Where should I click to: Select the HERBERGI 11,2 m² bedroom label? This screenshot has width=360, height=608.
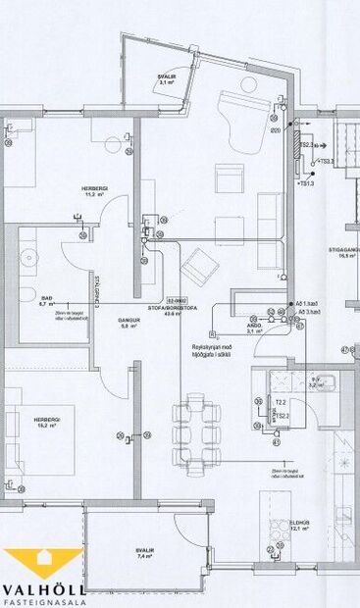pos(95,190)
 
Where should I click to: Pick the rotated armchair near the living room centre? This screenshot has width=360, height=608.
pos(202,263)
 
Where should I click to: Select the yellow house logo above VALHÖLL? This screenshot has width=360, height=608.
pos(43,566)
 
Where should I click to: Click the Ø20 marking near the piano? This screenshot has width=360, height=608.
pos(276,129)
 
